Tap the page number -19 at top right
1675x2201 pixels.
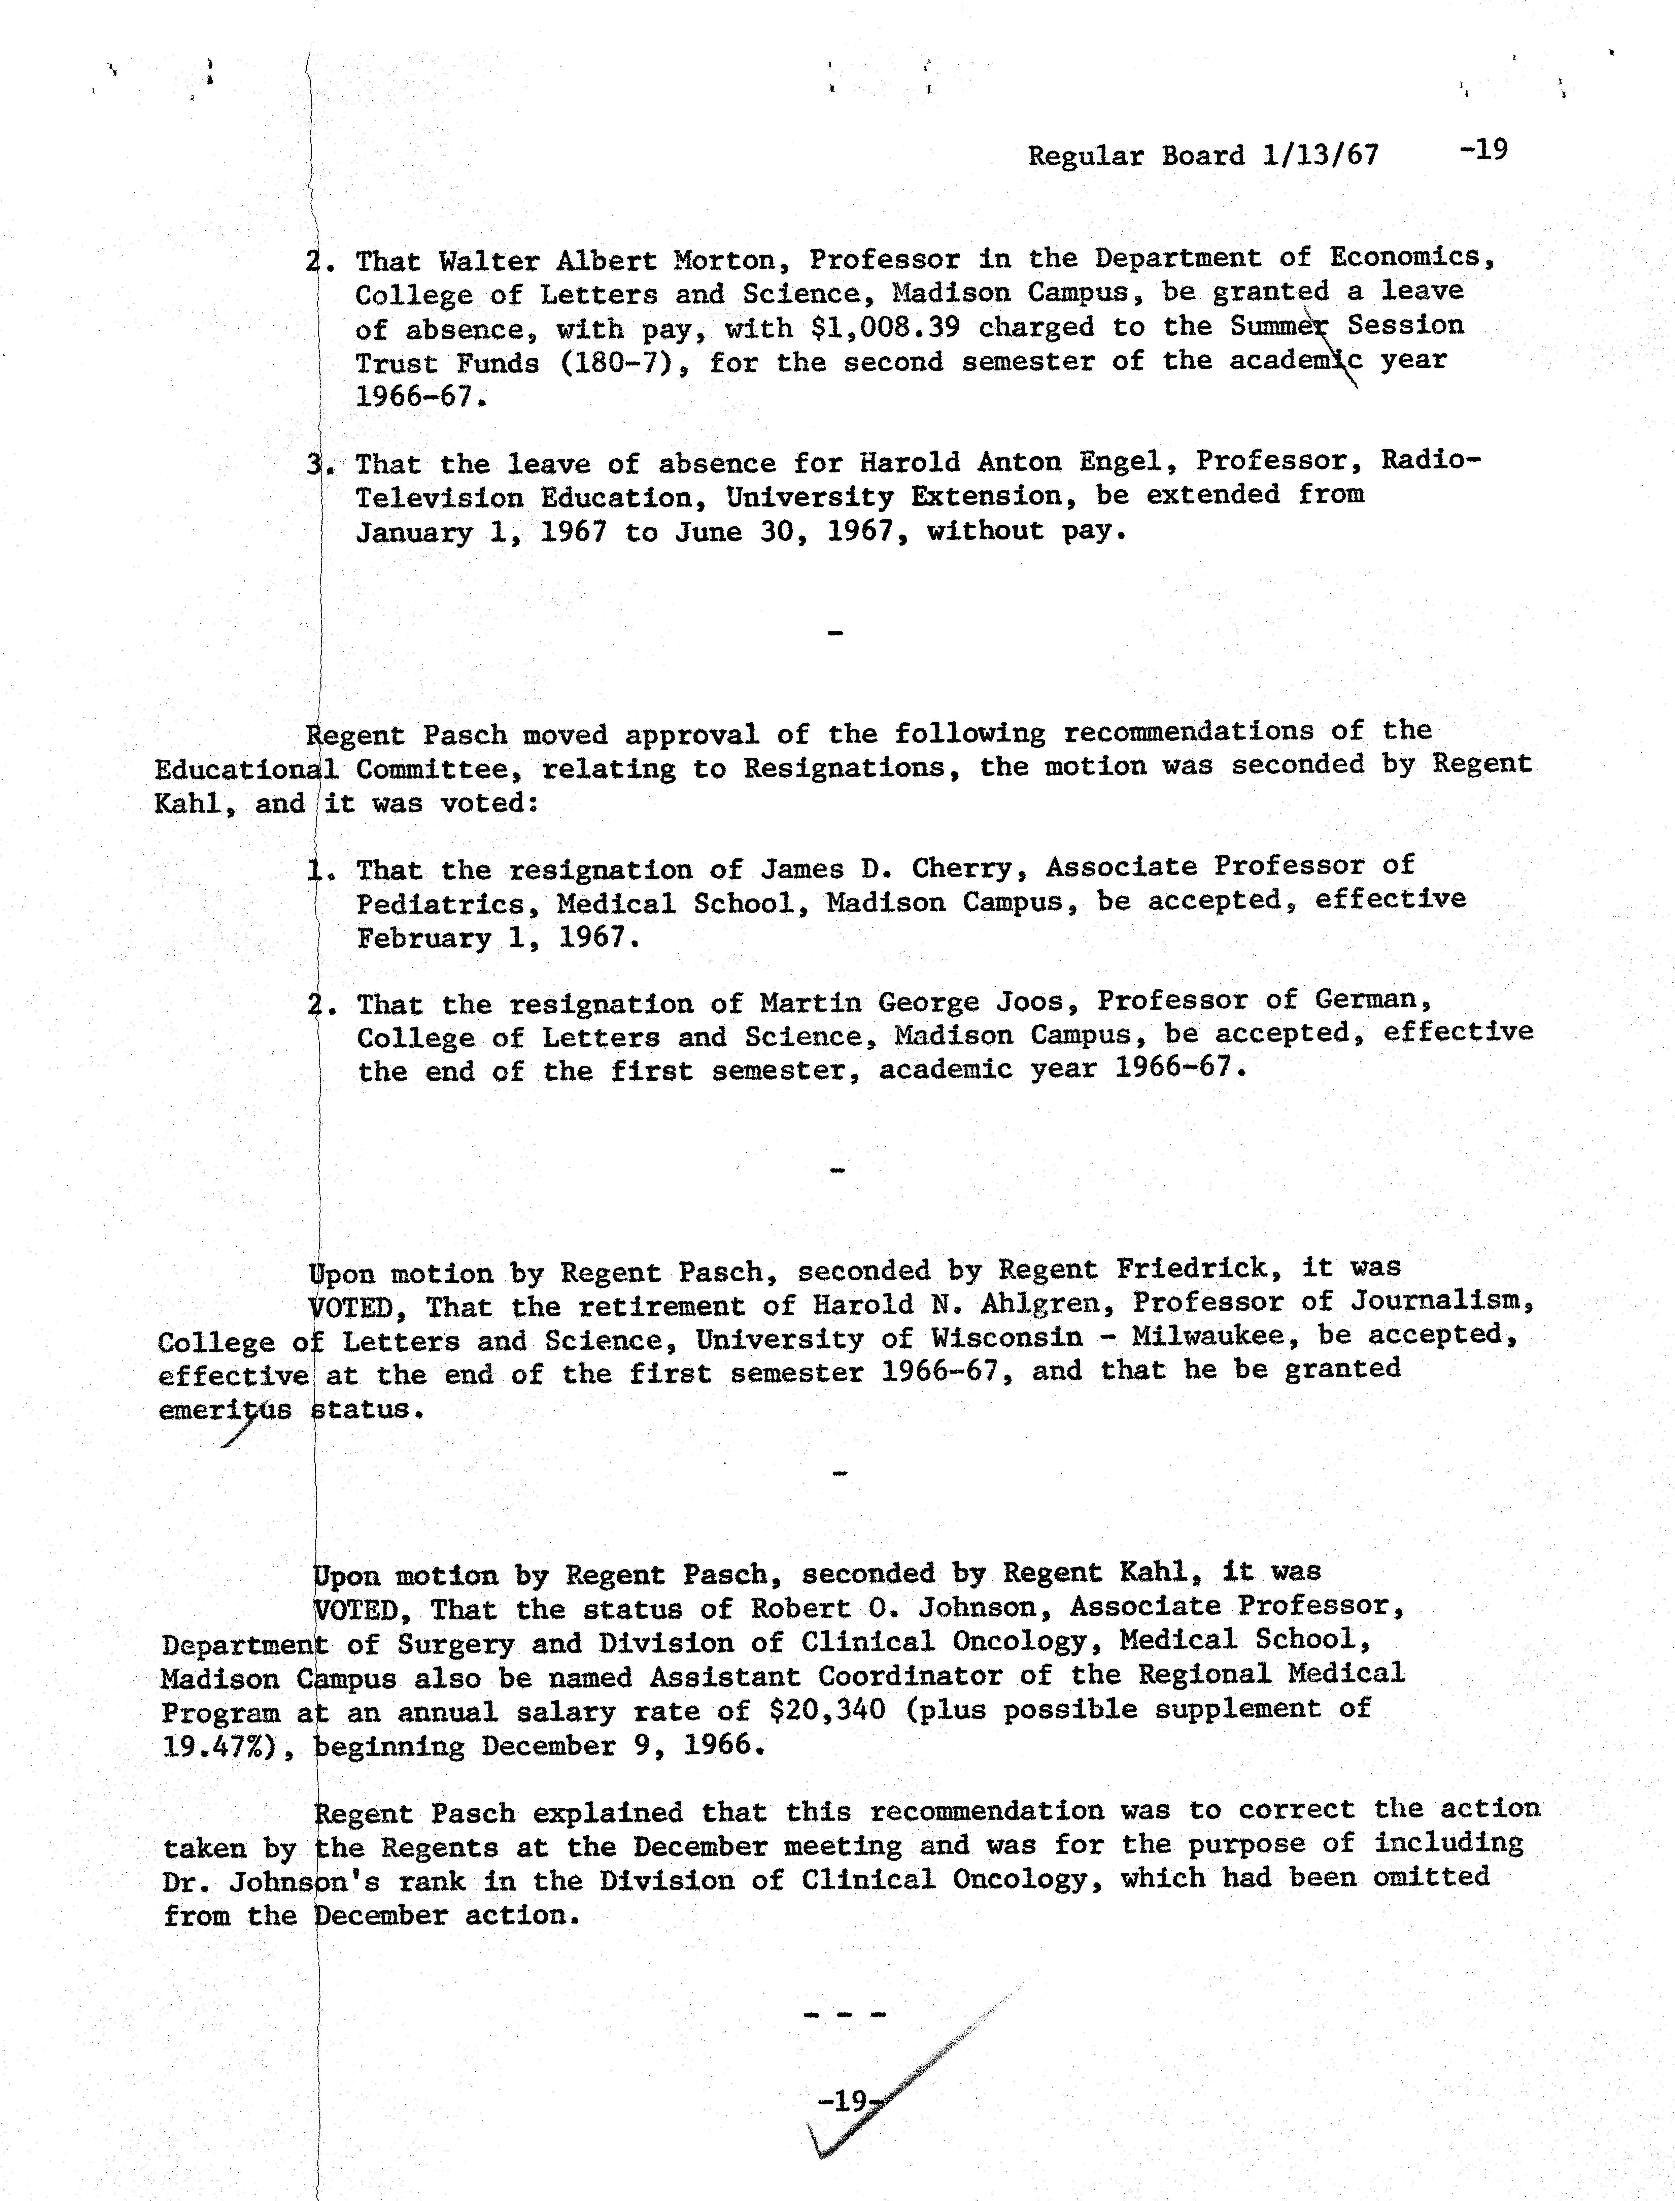[x=1482, y=151]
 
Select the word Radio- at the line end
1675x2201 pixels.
[x=1431, y=461]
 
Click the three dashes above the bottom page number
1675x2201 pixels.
[x=844, y=2013]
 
